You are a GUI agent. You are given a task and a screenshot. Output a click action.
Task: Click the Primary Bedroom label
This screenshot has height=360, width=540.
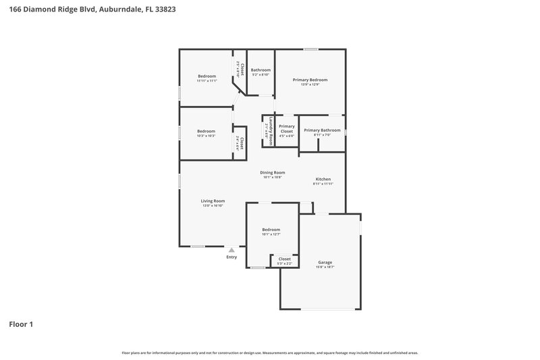(x=310, y=80)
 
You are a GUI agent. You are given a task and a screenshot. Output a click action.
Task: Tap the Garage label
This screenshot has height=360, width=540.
(x=325, y=262)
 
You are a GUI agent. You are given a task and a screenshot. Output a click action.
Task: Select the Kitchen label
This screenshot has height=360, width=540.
(x=323, y=179)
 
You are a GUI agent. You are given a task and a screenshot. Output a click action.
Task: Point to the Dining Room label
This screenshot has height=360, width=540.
(x=273, y=172)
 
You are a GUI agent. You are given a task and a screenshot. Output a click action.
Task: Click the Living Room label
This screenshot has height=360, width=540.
(x=213, y=201)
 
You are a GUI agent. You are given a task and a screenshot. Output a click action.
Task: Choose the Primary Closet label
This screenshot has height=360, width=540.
(x=286, y=128)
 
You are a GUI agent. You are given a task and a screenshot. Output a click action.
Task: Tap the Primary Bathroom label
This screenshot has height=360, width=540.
(x=322, y=130)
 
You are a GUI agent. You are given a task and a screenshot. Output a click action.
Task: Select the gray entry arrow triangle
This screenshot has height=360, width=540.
(x=232, y=250)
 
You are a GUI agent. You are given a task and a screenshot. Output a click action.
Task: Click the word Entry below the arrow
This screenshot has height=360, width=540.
(x=232, y=257)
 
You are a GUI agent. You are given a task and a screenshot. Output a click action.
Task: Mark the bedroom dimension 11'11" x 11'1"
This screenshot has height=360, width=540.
(x=207, y=81)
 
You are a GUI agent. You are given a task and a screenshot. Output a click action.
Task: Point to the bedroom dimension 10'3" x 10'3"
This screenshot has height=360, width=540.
(x=206, y=136)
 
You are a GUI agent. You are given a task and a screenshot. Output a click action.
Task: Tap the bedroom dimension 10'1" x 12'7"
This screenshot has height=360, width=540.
(x=271, y=234)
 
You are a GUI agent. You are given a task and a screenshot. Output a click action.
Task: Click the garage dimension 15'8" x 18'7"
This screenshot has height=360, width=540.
(x=325, y=267)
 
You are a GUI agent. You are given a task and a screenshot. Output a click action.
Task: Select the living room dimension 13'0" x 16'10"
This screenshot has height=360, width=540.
(x=213, y=205)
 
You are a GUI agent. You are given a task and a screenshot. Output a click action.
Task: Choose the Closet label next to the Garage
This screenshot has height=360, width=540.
(x=284, y=259)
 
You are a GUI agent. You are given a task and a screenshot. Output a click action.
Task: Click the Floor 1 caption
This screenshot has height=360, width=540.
(x=21, y=324)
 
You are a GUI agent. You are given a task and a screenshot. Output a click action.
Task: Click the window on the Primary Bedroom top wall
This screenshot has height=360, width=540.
(x=310, y=49)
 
